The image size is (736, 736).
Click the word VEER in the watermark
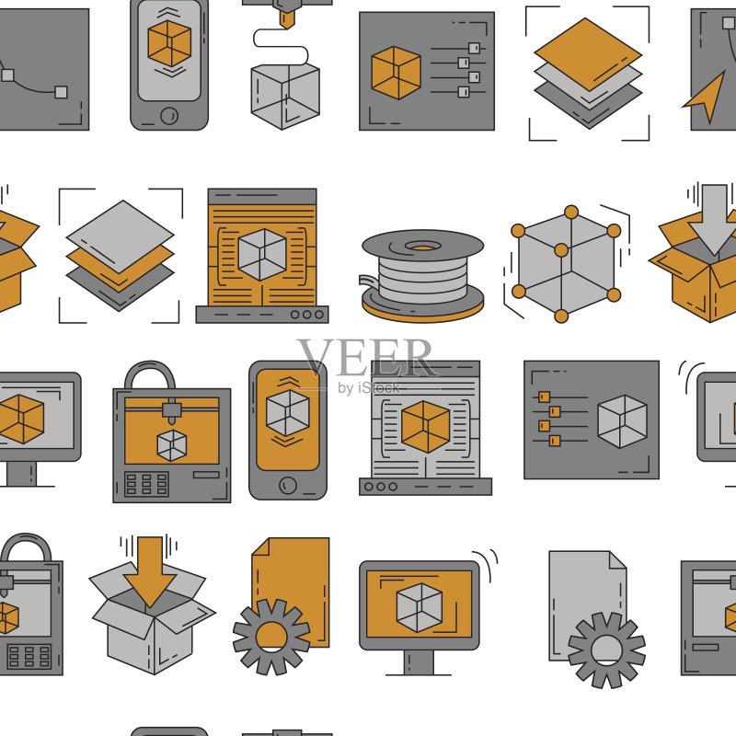367,358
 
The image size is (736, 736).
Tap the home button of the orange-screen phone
288,485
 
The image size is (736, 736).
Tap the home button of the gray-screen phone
169,116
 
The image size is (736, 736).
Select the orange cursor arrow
705,97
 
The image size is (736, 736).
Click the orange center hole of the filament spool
422,247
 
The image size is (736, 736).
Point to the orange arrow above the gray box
150,571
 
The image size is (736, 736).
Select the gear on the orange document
271,637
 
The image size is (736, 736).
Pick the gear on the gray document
607,650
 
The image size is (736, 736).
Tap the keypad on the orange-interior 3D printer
146,484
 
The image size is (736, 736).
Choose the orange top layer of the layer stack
588,54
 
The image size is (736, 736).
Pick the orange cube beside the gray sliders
397,73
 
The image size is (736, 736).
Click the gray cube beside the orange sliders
622,421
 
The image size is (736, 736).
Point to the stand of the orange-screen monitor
420,662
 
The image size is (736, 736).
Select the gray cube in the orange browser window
262,255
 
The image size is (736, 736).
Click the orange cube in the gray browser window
425,427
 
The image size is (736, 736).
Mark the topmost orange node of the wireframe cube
571,213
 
